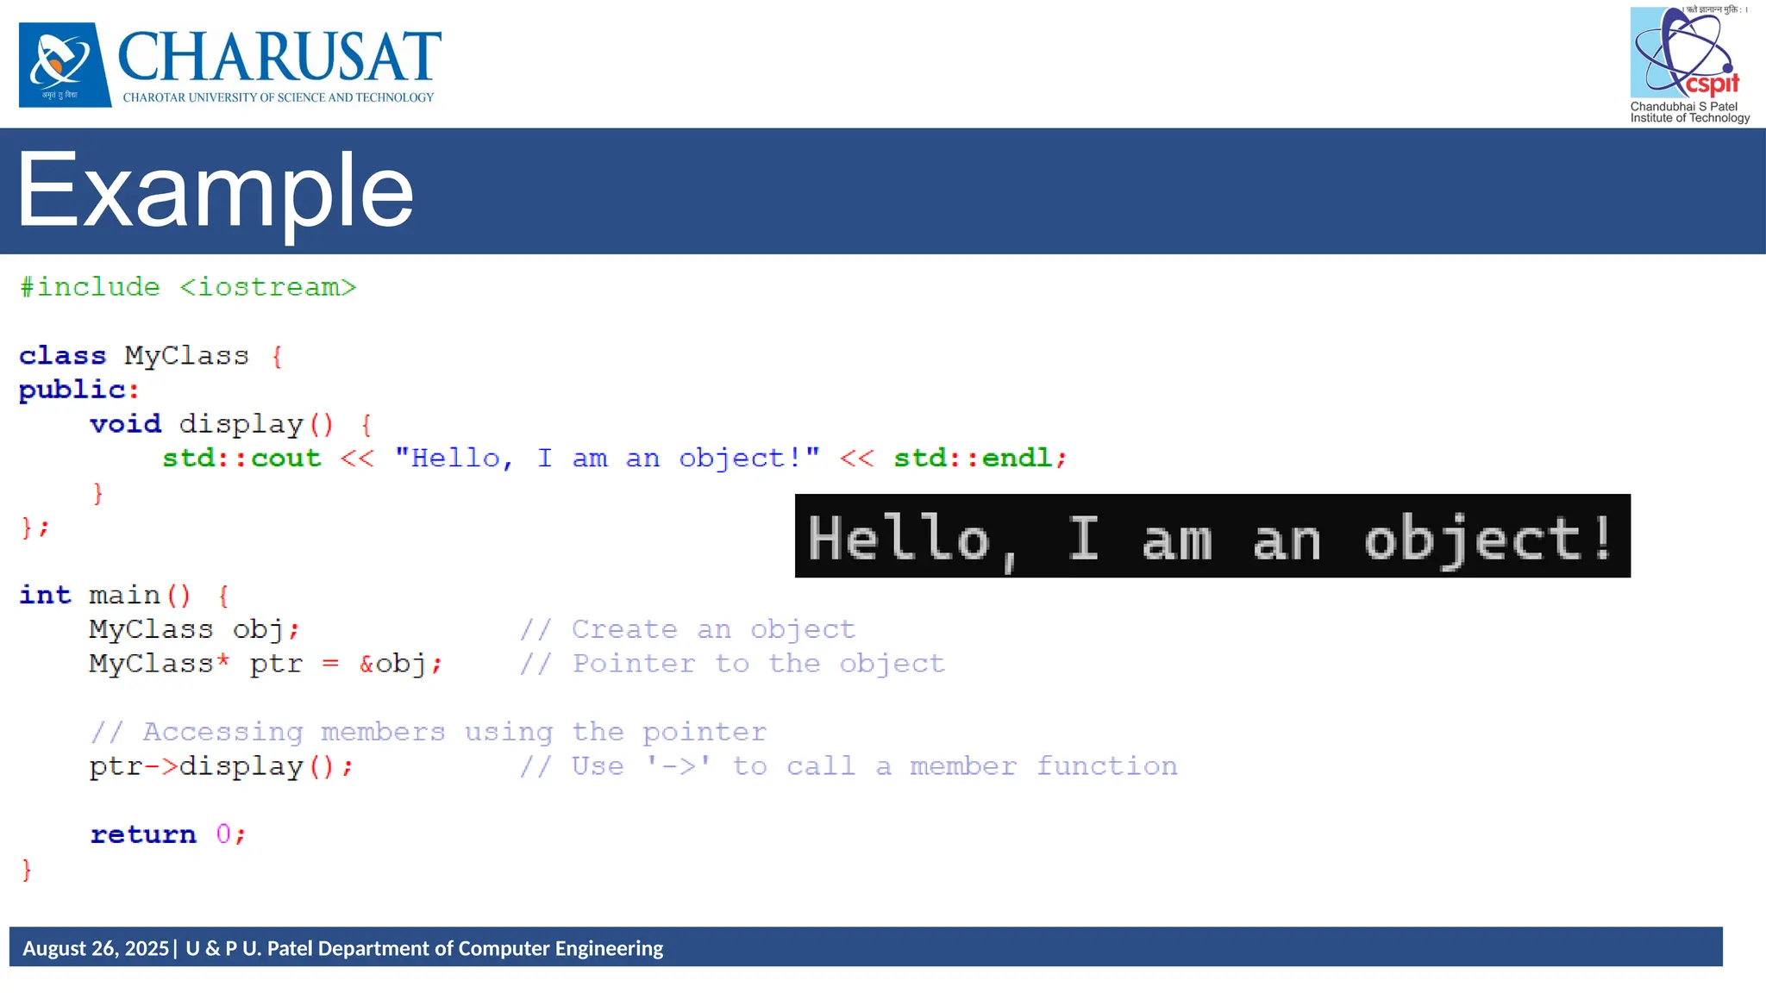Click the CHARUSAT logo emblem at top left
coord(65,65)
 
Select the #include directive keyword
coord(91,287)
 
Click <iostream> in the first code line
coord(268,287)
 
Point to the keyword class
coord(63,355)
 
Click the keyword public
coord(72,390)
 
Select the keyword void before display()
coord(126,424)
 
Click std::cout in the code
coord(241,458)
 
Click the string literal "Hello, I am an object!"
coord(607,458)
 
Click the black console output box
coord(1212,536)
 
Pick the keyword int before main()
coord(45,595)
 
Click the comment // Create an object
coord(687,629)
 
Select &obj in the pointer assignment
coord(392,664)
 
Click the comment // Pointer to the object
coord(732,664)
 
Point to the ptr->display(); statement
coord(221,766)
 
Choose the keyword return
coord(143,834)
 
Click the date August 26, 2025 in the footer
coord(96,948)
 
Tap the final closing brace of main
coord(27,870)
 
